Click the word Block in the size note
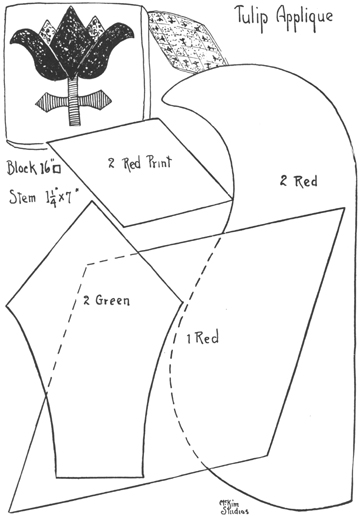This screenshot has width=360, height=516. (x=20, y=166)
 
